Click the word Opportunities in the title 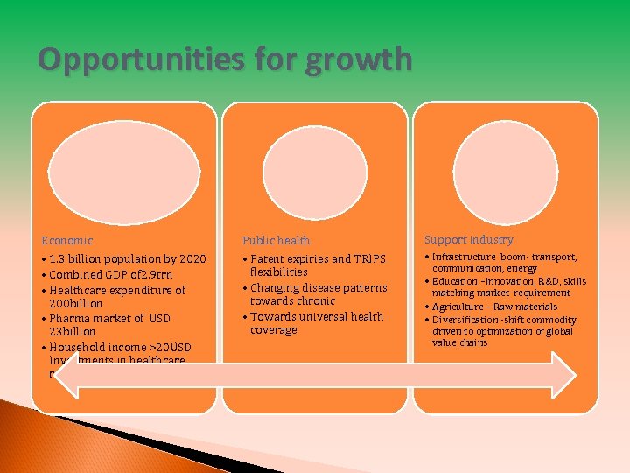click(127, 60)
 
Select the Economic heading click(67, 240)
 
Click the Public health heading click(276, 240)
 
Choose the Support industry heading click(469, 239)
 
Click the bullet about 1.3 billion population click(128, 259)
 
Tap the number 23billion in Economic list click(73, 332)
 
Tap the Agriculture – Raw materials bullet click(494, 307)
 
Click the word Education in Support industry click(457, 281)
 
